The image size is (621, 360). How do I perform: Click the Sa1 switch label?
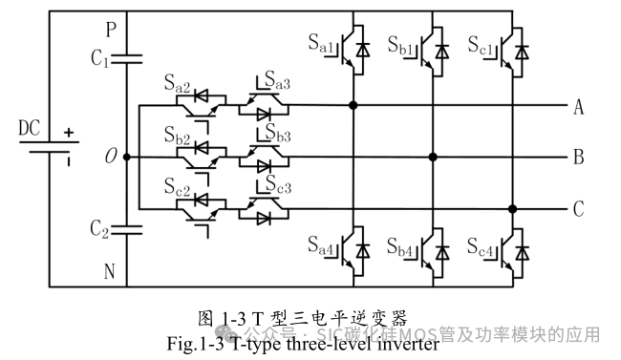tap(321, 45)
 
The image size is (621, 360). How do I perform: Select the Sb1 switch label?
tap(401, 45)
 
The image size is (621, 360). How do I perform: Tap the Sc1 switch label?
tap(482, 45)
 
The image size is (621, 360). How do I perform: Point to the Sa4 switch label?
tap(321, 249)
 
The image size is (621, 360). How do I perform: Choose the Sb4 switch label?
tap(401, 249)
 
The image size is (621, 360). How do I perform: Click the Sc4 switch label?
tap(482, 249)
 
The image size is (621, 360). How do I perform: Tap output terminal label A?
tap(578, 106)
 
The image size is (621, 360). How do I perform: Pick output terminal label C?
tap(578, 209)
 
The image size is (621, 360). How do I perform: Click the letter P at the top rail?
tap(111, 30)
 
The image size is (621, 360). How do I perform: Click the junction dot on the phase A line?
tap(353, 105)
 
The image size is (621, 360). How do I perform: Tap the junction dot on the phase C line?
tap(514, 208)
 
